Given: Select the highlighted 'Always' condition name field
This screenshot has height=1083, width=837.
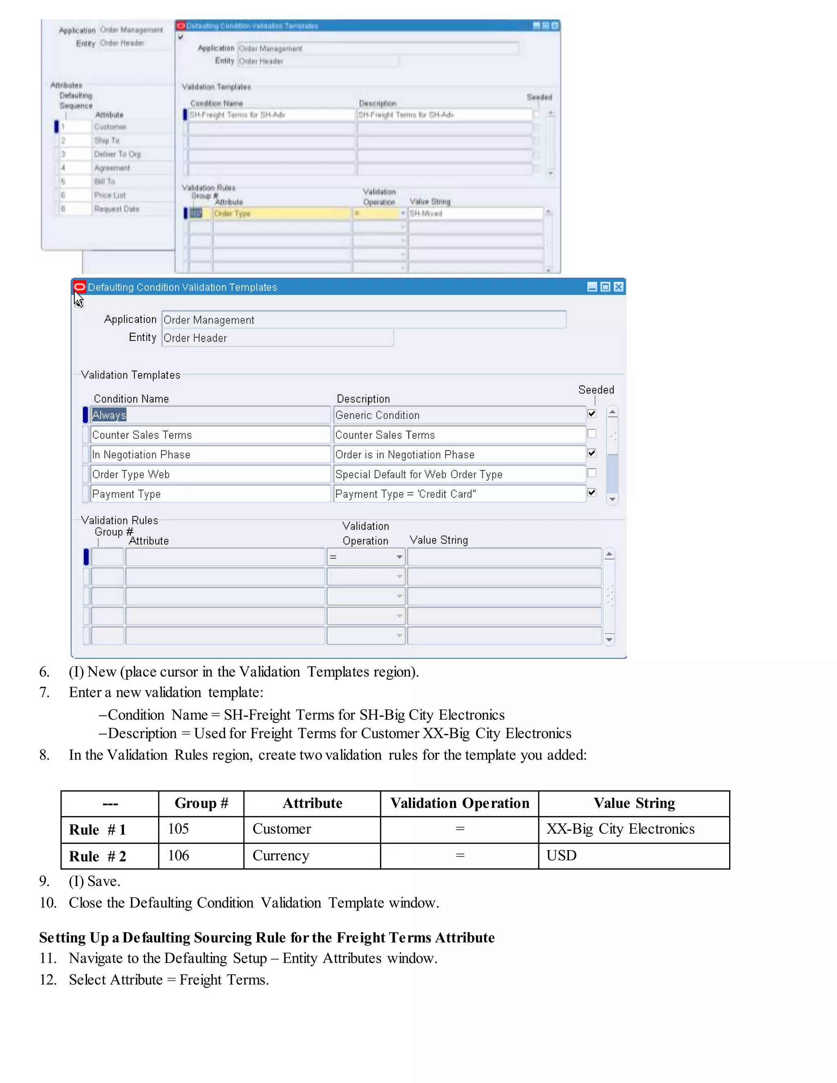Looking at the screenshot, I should click(210, 415).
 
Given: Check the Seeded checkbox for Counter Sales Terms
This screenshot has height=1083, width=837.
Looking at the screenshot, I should click(591, 434).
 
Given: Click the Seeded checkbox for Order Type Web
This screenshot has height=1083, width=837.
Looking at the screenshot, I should click(591, 473).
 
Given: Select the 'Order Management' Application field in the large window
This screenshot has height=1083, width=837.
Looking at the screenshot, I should click(363, 320).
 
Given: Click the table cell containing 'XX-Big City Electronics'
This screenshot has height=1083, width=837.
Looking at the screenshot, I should click(634, 829).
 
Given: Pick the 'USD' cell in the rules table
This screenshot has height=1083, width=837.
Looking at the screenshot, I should click(634, 856).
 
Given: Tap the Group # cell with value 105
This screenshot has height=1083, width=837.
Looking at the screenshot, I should click(201, 829).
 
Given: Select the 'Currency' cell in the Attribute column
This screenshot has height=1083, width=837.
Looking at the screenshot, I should click(312, 856).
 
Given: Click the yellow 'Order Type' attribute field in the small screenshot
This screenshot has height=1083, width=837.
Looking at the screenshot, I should click(282, 214).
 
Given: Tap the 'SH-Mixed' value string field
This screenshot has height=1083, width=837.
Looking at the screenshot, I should click(475, 214).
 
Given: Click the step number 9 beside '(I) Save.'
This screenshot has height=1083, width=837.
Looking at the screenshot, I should click(45, 881).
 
